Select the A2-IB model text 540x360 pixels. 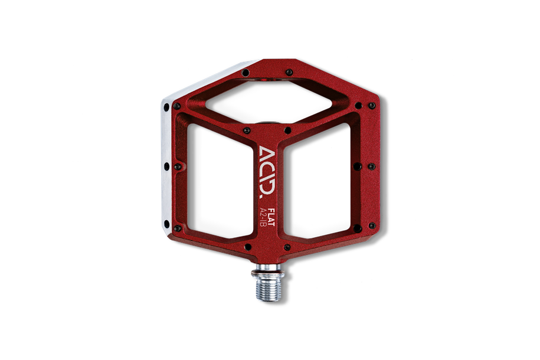click(263, 217)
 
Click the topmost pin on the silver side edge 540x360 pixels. click(166, 107)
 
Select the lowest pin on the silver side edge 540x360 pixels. click(166, 224)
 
